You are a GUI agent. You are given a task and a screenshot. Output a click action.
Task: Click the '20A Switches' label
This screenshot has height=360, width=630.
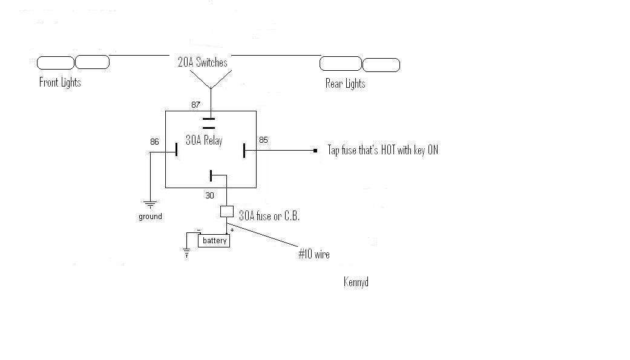pos(203,62)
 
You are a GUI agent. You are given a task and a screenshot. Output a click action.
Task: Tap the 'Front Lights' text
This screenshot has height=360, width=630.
pos(60,82)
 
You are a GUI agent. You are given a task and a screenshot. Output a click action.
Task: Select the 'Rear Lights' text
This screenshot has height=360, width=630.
pos(345,83)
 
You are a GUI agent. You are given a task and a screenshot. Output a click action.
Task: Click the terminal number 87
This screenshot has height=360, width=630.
pos(196,105)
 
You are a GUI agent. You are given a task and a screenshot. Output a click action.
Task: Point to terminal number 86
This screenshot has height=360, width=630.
pos(154,142)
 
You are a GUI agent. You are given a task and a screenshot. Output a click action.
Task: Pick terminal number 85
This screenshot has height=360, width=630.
pos(263,140)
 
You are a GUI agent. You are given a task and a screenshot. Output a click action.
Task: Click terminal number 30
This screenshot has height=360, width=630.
pos(209,196)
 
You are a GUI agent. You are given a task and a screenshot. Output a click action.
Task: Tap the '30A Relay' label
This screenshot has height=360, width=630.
pos(203,140)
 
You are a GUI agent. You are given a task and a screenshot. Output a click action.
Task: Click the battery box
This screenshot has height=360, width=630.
pos(214,240)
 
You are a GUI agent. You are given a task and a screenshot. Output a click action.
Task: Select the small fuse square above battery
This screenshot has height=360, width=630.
pos(226,212)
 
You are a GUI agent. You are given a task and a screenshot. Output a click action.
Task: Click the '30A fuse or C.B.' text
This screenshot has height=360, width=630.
pos(269,215)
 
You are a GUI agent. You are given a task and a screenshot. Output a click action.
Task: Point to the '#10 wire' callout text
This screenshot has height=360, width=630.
pos(313,255)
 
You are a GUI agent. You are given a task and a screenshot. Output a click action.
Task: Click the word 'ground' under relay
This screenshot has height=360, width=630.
pos(150,216)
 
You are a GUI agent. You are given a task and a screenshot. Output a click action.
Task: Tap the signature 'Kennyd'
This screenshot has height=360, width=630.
pos(356,282)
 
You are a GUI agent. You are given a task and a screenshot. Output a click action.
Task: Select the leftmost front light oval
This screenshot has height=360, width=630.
pos(55,62)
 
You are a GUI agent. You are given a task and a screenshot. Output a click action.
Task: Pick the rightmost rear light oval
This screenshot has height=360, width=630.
pos(381,65)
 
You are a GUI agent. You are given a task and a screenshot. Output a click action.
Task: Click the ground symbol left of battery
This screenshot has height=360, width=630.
pos(188,253)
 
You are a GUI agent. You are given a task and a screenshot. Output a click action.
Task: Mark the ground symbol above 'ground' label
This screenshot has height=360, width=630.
pos(150,204)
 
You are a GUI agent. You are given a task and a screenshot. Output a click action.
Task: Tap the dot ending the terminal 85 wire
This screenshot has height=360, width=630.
pos(315,150)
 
